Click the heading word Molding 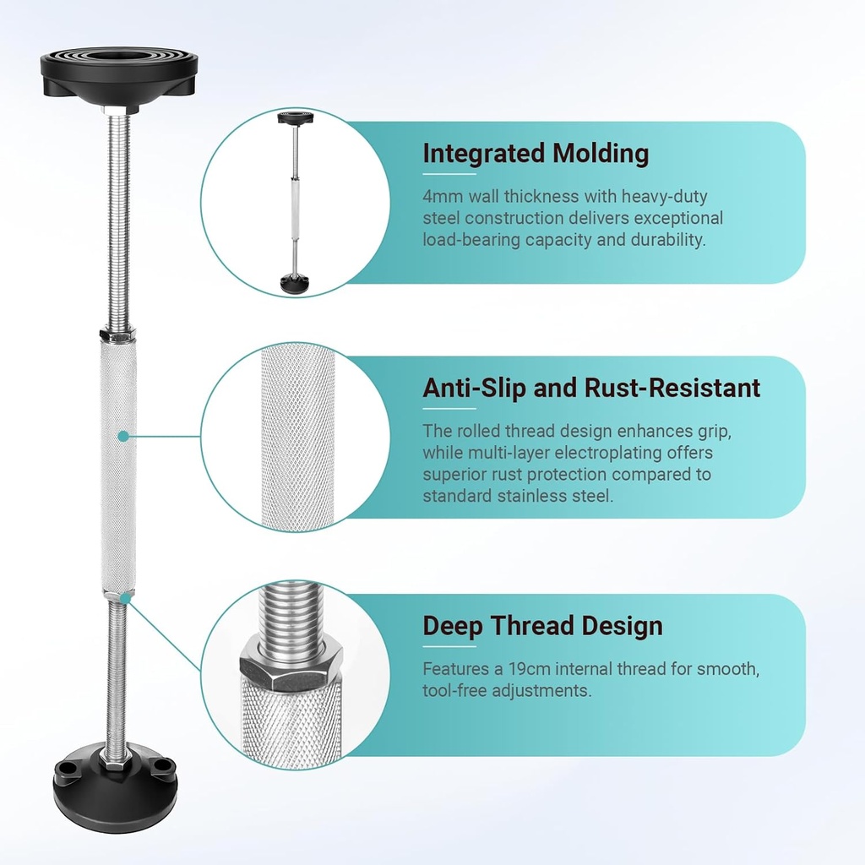[x=601, y=154]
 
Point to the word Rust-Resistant [x=672, y=388]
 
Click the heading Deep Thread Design [x=543, y=626]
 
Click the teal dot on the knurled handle [x=123, y=437]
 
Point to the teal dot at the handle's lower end [x=128, y=597]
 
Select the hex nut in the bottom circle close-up [x=291, y=663]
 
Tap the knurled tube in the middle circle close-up [x=298, y=436]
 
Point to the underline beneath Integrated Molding [x=449, y=174]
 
